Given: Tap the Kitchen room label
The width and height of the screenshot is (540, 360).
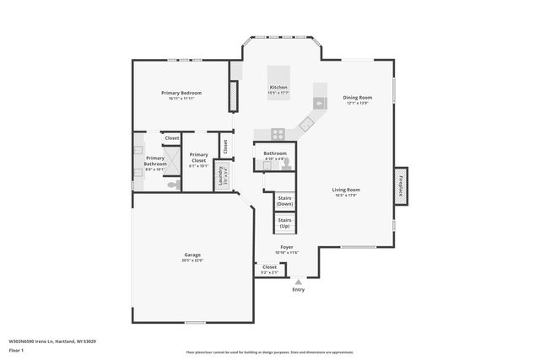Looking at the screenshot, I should click(x=278, y=88).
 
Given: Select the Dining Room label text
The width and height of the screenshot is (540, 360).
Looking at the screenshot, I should click(x=358, y=98).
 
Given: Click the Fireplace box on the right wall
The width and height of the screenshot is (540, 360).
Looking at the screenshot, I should click(x=401, y=185).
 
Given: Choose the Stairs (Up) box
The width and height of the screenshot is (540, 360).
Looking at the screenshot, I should click(x=284, y=223).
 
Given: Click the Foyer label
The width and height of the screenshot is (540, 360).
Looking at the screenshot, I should click(x=287, y=248).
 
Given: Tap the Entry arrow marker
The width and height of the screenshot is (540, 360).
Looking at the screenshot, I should click(x=298, y=282).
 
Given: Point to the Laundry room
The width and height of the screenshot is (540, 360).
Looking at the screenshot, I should click(x=221, y=175).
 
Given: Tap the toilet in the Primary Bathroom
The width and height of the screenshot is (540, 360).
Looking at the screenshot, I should click(x=173, y=185).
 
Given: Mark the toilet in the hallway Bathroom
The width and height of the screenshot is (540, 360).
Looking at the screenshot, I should click(x=286, y=164).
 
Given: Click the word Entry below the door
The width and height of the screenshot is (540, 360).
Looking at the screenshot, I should click(x=298, y=290).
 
